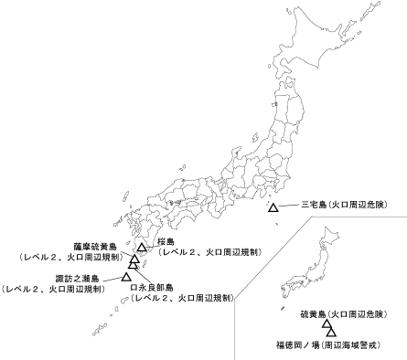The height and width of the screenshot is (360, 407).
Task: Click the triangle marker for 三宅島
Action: (x=273, y=209)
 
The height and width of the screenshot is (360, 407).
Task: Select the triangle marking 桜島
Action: (x=142, y=248)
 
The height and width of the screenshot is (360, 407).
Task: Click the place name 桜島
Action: (x=166, y=241)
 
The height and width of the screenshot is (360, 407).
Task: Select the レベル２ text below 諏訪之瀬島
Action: (x=54, y=289)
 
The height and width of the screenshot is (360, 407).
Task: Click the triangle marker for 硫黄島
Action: (x=326, y=324)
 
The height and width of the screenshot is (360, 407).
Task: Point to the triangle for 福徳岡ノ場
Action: (x=331, y=332)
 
